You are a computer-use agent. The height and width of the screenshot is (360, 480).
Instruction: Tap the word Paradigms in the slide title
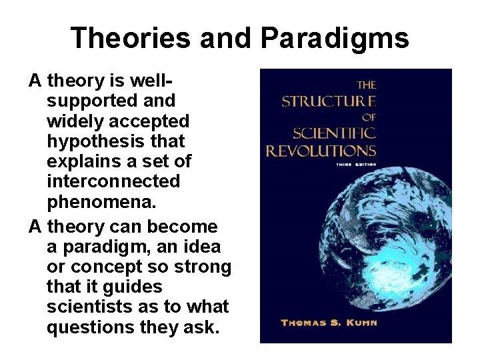tap(335, 39)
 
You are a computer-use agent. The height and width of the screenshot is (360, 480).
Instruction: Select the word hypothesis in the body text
tap(93, 141)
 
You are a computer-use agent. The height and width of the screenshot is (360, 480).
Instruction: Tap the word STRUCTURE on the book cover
tap(329, 101)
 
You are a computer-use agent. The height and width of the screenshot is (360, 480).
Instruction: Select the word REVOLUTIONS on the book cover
tap(321, 150)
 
